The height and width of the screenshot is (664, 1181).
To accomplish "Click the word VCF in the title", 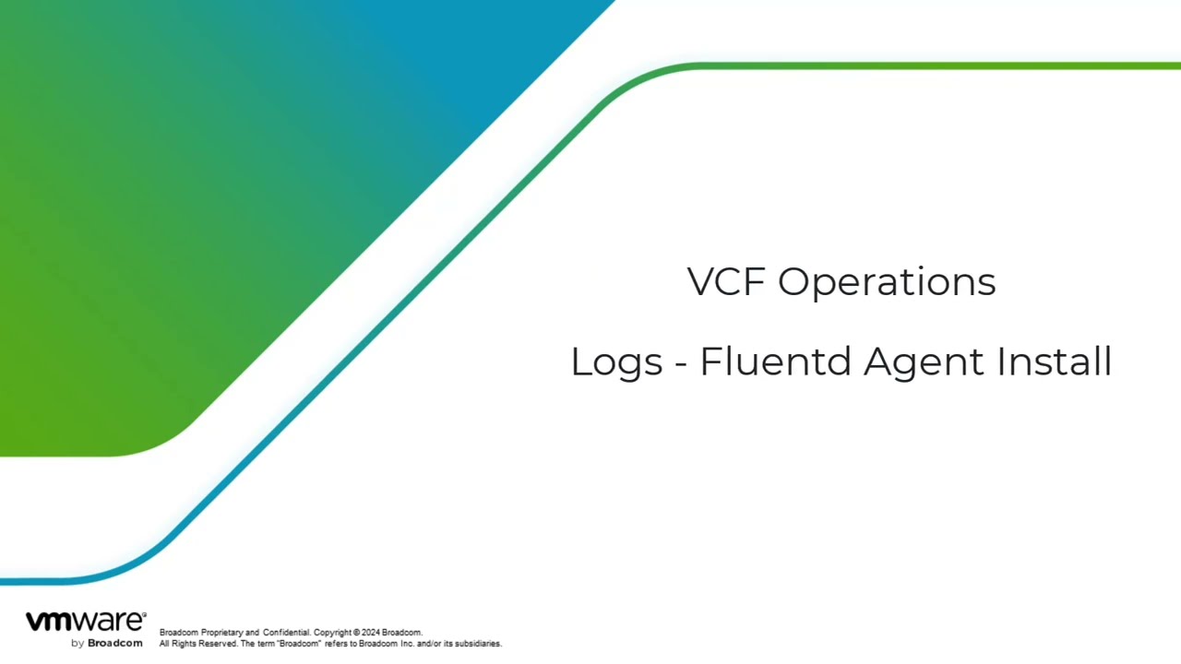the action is (726, 281).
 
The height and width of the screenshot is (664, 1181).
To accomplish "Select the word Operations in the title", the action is (887, 283).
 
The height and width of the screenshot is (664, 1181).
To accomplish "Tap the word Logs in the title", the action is (616, 363).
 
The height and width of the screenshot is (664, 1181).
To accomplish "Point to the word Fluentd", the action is (775, 362).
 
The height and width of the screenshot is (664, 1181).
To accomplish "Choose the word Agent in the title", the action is (924, 363).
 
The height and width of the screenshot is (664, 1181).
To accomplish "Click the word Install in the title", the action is (1055, 362).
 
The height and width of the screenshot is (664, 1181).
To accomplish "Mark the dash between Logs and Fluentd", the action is (681, 363).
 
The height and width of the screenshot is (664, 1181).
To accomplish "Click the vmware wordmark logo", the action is (86, 622).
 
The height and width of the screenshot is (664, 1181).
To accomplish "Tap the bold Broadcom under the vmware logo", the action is (115, 644).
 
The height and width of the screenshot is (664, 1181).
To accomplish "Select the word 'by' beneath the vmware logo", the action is (78, 644).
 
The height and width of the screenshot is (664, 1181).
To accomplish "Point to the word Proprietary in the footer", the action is (222, 633).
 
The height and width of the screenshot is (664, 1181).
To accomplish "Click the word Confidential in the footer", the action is (287, 633).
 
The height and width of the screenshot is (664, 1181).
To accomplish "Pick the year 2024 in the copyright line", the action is (371, 633).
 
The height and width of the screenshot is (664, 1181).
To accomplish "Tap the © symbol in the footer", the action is (356, 633).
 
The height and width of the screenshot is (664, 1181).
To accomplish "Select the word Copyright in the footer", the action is (332, 633).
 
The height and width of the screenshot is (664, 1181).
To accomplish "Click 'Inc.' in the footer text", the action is (408, 644).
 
